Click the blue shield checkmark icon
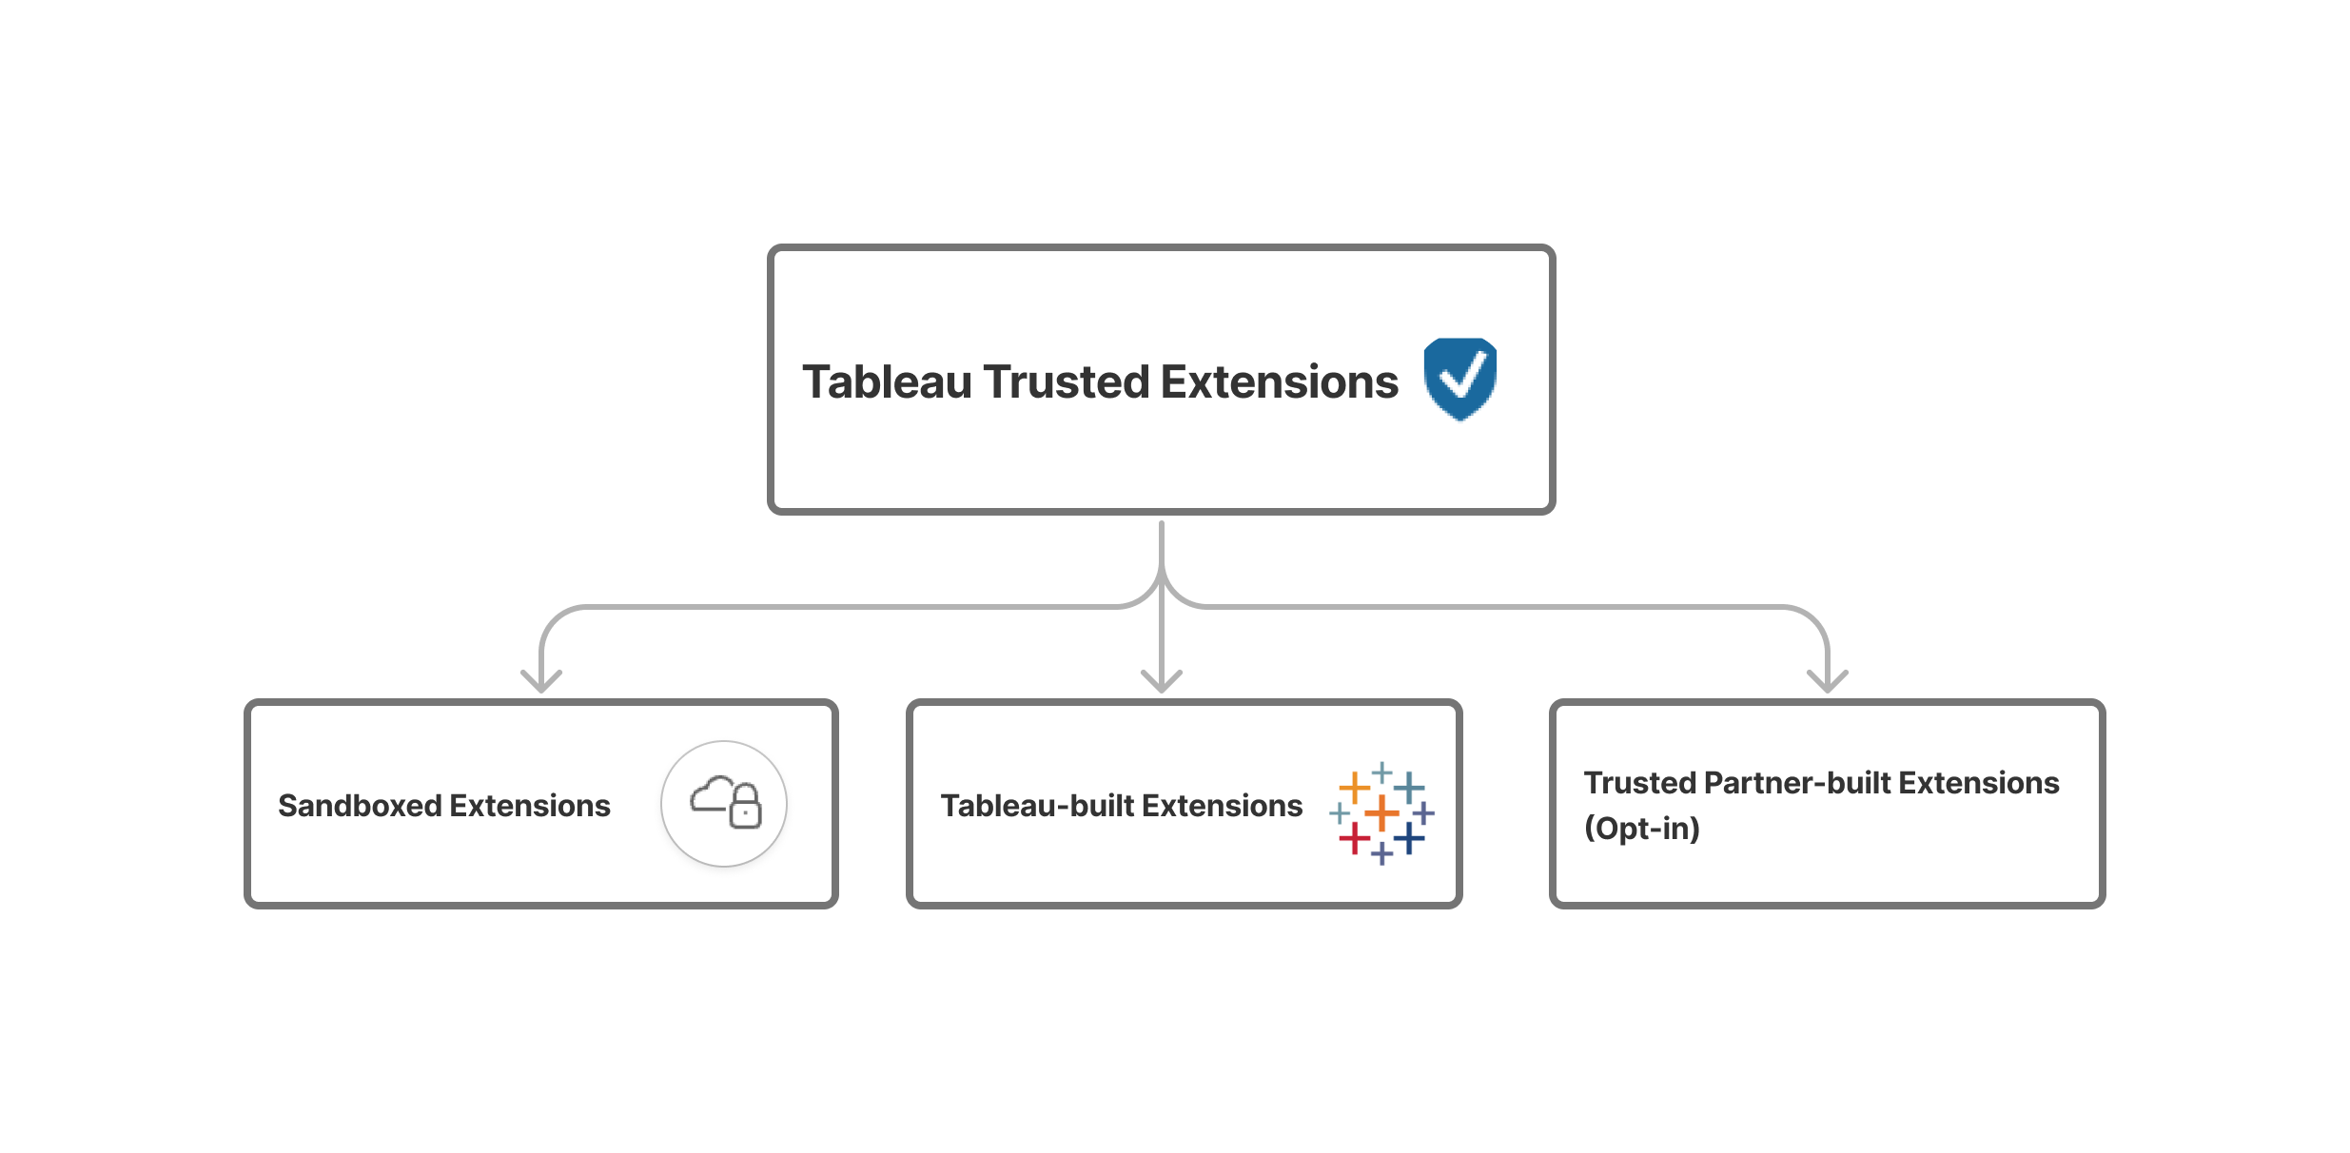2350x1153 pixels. (x=1459, y=379)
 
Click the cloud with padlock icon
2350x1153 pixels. (x=724, y=804)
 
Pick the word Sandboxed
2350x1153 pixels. (x=360, y=806)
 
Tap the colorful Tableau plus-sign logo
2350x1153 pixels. (x=1381, y=813)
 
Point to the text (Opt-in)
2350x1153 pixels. (x=1641, y=829)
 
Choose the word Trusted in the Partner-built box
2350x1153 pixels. (x=1639, y=783)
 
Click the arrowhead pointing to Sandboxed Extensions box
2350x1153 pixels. (x=541, y=682)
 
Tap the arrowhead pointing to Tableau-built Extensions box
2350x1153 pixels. (x=1162, y=682)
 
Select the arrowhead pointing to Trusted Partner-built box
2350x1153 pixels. (x=1827, y=682)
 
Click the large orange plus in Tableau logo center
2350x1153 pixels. (x=1381, y=813)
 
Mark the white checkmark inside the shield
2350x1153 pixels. (x=1463, y=377)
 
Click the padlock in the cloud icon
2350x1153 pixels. (x=745, y=807)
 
